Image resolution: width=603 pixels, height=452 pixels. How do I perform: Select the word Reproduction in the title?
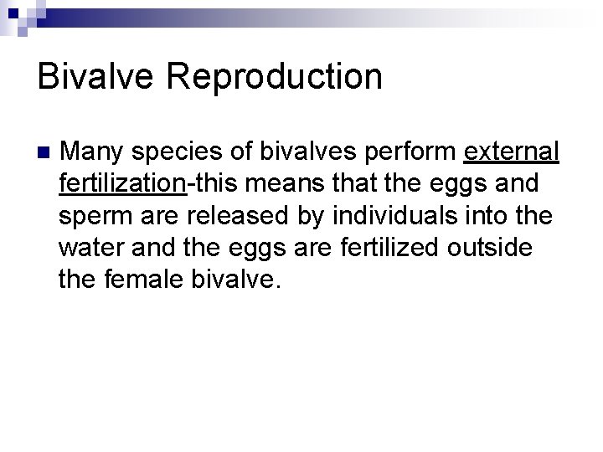(276, 77)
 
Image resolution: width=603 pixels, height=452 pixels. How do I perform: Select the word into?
(490, 215)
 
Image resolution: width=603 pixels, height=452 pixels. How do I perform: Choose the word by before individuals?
(313, 217)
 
